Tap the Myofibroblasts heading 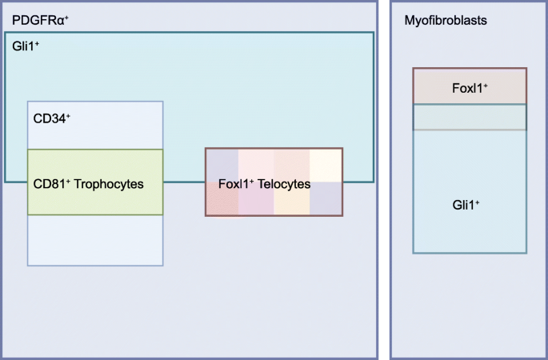(446, 18)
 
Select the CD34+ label (51, 119)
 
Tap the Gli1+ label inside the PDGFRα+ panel (26, 46)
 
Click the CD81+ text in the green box (51, 184)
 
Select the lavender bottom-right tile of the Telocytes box (326, 200)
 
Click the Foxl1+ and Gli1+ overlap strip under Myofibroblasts (470, 118)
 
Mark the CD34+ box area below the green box (95, 240)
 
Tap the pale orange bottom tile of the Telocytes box (291, 204)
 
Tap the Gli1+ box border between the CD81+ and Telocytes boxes (184, 182)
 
